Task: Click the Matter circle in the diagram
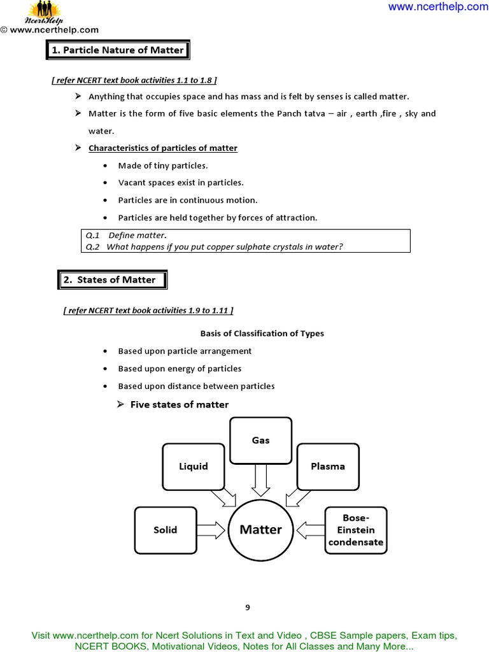260,530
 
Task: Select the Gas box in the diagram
260,440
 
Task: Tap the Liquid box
194,466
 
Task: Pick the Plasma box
328,466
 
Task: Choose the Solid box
166,530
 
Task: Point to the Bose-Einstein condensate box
356,530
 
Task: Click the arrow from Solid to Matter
211,530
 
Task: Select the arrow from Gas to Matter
260,479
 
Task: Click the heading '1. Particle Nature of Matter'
118,50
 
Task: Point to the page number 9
248,607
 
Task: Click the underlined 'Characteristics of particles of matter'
163,148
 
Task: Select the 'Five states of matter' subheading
179,404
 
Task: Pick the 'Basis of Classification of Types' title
262,333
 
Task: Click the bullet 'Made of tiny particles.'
163,166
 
